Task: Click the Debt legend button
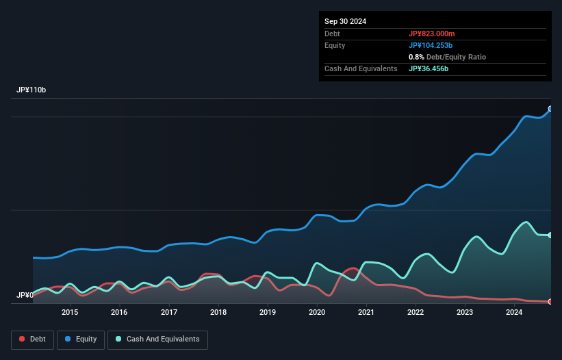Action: [x=31, y=339]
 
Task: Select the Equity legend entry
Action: [x=81, y=339]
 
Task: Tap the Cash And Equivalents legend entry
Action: [x=157, y=339]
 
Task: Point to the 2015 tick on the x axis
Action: [x=70, y=313]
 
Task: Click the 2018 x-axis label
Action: [x=218, y=313]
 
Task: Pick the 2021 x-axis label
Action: [x=366, y=313]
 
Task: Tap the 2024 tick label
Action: [x=514, y=313]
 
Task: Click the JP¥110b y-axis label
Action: [x=31, y=90]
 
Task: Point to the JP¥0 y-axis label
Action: [x=25, y=295]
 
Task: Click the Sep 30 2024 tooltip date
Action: [x=345, y=21]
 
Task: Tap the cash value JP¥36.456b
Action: [x=429, y=68]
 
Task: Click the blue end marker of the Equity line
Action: [x=550, y=109]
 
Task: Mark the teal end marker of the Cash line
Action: [x=550, y=235]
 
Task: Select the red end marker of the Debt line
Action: [x=550, y=301]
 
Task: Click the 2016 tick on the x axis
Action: [x=119, y=313]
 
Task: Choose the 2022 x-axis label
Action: [x=416, y=313]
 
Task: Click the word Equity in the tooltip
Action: [x=335, y=45]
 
